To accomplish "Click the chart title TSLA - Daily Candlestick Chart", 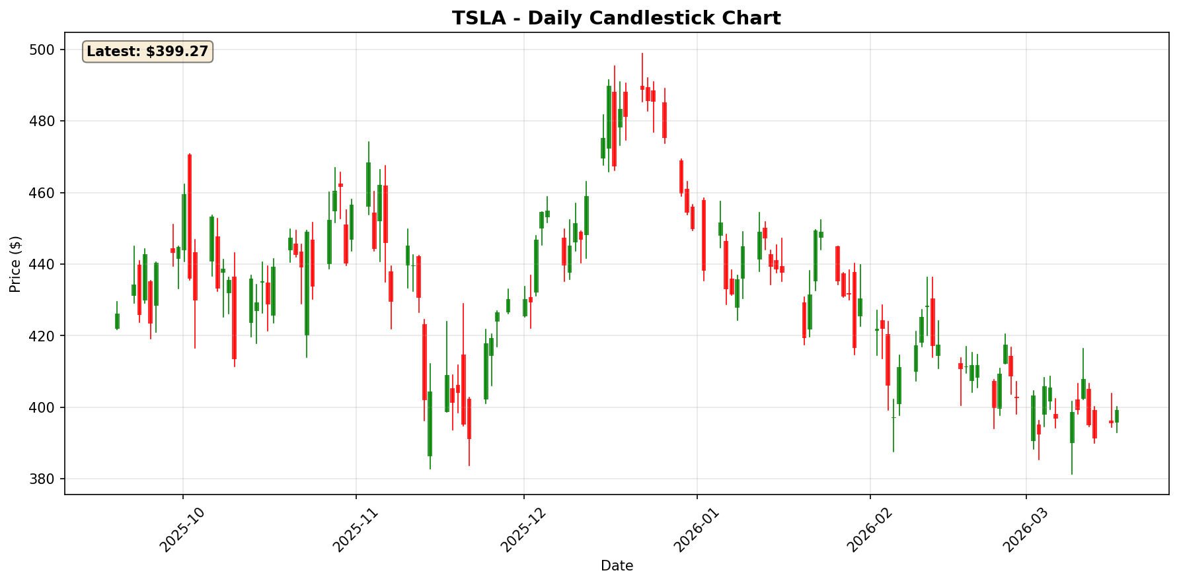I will (x=616, y=18).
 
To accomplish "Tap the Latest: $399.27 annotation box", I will (x=147, y=51).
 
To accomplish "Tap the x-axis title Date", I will (x=617, y=566).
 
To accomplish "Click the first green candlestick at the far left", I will (x=117, y=321).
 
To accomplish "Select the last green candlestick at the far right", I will (x=1117, y=416).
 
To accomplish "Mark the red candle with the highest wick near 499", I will (x=642, y=87).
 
